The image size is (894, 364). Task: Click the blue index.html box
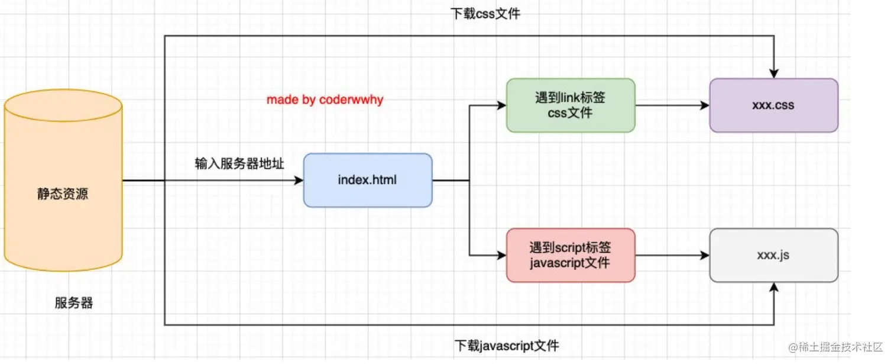pyautogui.click(x=367, y=180)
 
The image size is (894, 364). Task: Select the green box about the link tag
pyautogui.click(x=570, y=105)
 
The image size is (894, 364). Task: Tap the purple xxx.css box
pyautogui.click(x=773, y=105)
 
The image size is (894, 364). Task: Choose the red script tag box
pyautogui.click(x=570, y=255)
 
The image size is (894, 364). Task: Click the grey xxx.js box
pyautogui.click(x=773, y=255)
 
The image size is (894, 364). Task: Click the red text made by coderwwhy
pyautogui.click(x=325, y=99)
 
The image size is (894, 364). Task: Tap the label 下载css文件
pyautogui.click(x=485, y=13)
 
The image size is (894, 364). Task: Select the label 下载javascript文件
pyautogui.click(x=506, y=345)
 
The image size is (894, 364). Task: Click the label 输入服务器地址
pyautogui.click(x=239, y=163)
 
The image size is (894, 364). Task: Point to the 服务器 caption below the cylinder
pyautogui.click(x=74, y=304)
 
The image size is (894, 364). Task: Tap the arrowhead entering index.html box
pyautogui.click(x=299, y=181)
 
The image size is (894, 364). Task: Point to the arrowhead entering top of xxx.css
pyautogui.click(x=773, y=73)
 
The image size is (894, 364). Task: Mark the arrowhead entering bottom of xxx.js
pyautogui.click(x=773, y=287)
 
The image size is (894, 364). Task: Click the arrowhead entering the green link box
pyautogui.click(x=501, y=106)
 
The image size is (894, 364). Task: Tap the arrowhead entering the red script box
pyautogui.click(x=501, y=256)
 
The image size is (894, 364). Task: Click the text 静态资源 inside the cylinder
pyautogui.click(x=63, y=194)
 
